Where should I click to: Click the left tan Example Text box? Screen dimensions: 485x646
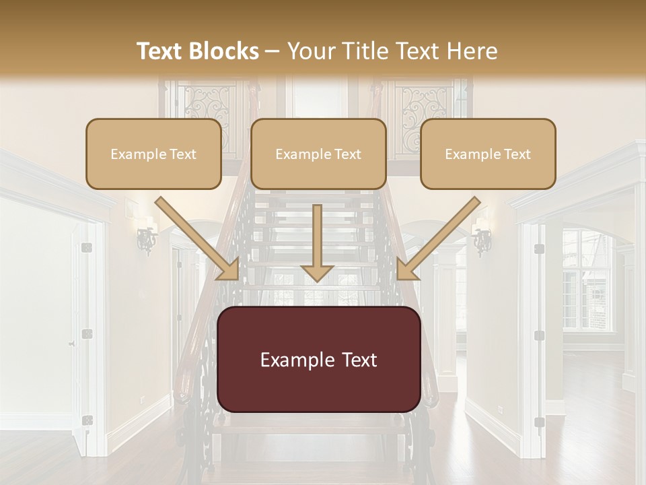coord(153,154)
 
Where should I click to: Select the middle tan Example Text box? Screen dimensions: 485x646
coord(318,154)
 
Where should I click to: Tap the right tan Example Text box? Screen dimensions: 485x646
coord(488,154)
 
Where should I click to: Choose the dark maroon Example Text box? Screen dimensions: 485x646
coord(319,360)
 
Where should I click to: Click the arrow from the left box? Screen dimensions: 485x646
coord(199,239)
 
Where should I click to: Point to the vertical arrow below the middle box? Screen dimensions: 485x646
coord(318,243)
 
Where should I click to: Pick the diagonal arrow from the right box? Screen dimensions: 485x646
coord(437,239)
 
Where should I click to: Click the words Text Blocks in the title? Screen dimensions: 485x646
coord(198,51)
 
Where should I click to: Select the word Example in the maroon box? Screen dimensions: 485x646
coord(294,360)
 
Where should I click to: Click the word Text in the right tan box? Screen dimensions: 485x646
coord(517,154)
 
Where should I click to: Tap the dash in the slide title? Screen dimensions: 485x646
coord(273,51)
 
